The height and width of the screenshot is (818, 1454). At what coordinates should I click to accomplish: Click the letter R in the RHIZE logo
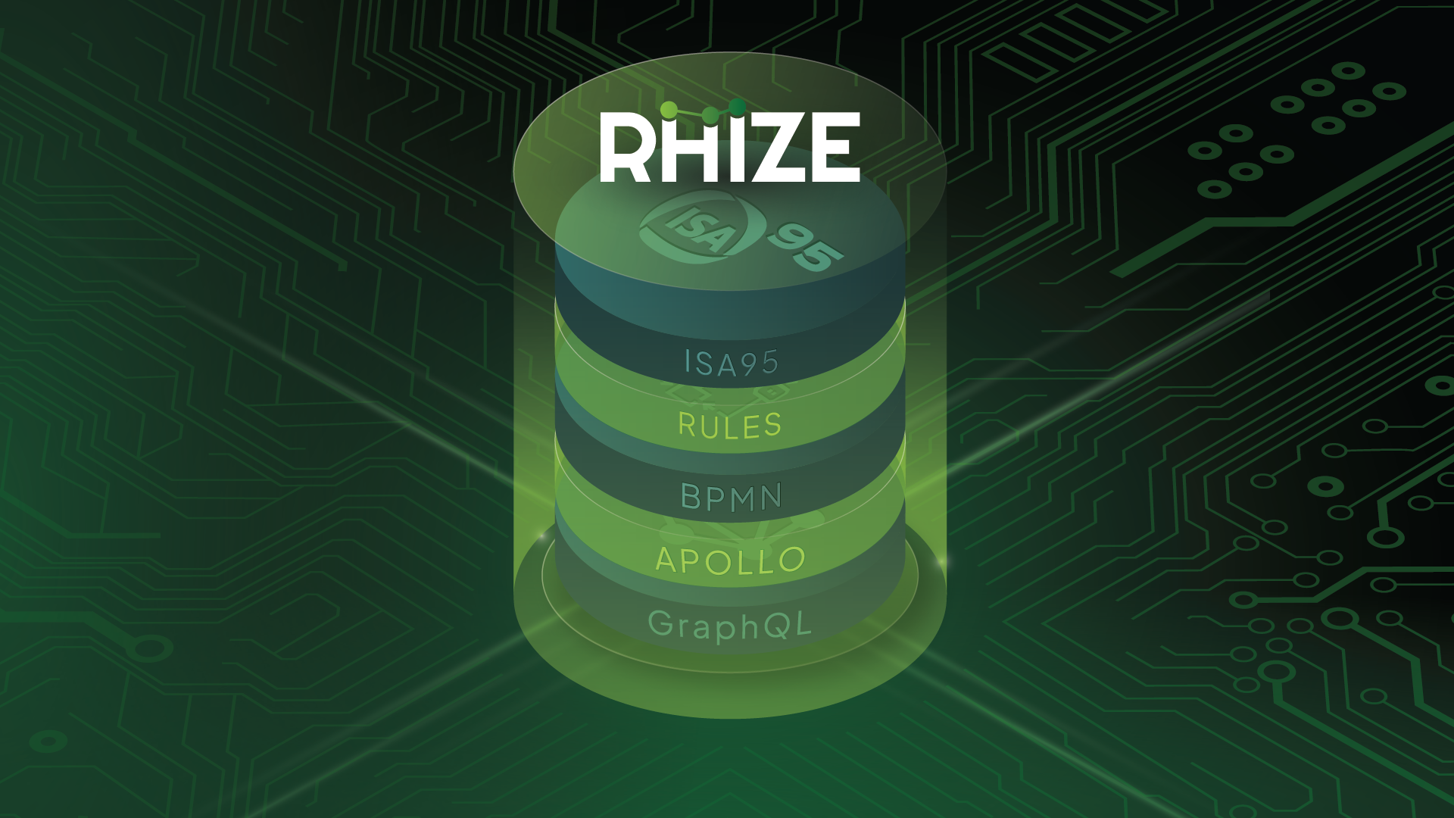626,148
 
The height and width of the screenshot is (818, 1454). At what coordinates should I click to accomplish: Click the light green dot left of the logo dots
669,111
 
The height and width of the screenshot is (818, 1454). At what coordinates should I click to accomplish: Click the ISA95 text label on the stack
731,363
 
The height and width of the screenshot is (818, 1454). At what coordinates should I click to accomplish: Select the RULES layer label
730,425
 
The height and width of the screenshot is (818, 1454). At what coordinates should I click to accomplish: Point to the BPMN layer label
732,498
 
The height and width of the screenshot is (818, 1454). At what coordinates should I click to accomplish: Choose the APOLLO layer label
731,560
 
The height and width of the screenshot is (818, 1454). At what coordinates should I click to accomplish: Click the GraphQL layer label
730,626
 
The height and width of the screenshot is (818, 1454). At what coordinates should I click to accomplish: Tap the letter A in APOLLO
669,560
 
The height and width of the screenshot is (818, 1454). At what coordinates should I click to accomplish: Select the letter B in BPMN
691,498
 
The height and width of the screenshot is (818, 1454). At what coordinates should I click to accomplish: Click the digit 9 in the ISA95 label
749,363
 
